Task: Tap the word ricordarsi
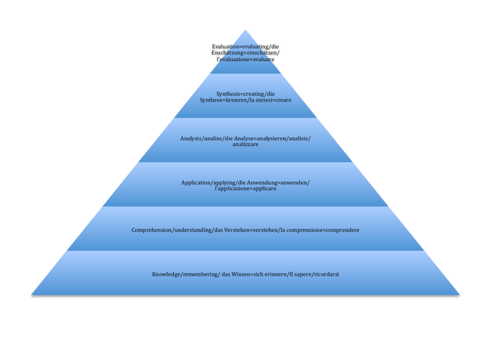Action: (324, 274)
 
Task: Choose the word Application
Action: (195, 182)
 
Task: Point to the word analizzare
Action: (245, 144)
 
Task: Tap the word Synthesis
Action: (229, 94)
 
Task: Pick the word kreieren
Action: (237, 100)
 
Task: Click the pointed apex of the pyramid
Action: (245, 31)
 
